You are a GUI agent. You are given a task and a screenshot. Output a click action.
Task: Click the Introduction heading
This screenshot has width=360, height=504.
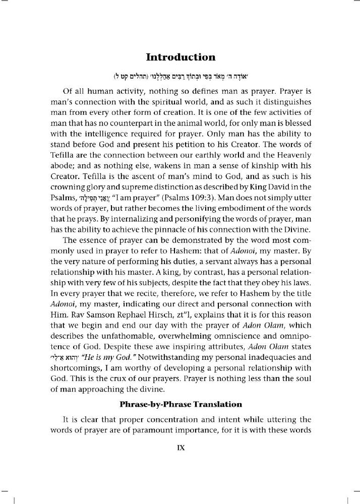tap(180, 56)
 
